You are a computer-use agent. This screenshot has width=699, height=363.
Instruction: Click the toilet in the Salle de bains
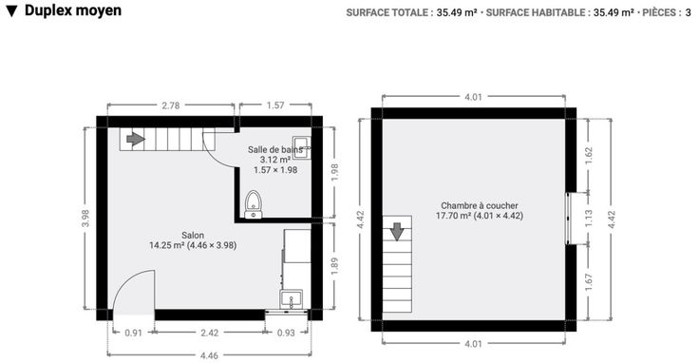[254, 204]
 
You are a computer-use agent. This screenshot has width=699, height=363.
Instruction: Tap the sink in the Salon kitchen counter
[291, 298]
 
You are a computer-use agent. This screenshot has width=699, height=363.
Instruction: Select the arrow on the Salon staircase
[136, 139]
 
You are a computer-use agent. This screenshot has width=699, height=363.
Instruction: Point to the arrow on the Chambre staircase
[397, 232]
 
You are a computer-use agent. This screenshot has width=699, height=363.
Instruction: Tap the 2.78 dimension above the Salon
[171, 105]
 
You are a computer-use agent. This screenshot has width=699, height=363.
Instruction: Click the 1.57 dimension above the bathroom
[275, 105]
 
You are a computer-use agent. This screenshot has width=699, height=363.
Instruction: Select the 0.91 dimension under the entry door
[133, 333]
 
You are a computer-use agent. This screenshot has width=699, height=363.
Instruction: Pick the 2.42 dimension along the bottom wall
[209, 333]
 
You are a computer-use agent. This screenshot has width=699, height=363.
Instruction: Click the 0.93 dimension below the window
[286, 333]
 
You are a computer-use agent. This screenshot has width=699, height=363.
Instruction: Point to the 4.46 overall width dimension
[209, 355]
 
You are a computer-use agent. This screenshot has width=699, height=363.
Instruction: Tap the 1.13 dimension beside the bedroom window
[589, 219]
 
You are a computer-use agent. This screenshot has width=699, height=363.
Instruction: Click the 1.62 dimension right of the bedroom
[589, 156]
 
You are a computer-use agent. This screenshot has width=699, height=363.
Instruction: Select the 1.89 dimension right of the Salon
[335, 265]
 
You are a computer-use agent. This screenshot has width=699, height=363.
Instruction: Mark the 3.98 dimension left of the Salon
[85, 218]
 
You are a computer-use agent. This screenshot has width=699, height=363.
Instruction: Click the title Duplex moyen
[73, 10]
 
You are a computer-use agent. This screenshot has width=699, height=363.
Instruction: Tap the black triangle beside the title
[12, 11]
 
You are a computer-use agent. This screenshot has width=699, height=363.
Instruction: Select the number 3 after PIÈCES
[688, 12]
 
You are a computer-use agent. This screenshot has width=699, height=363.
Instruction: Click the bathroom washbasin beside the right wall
[301, 146]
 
